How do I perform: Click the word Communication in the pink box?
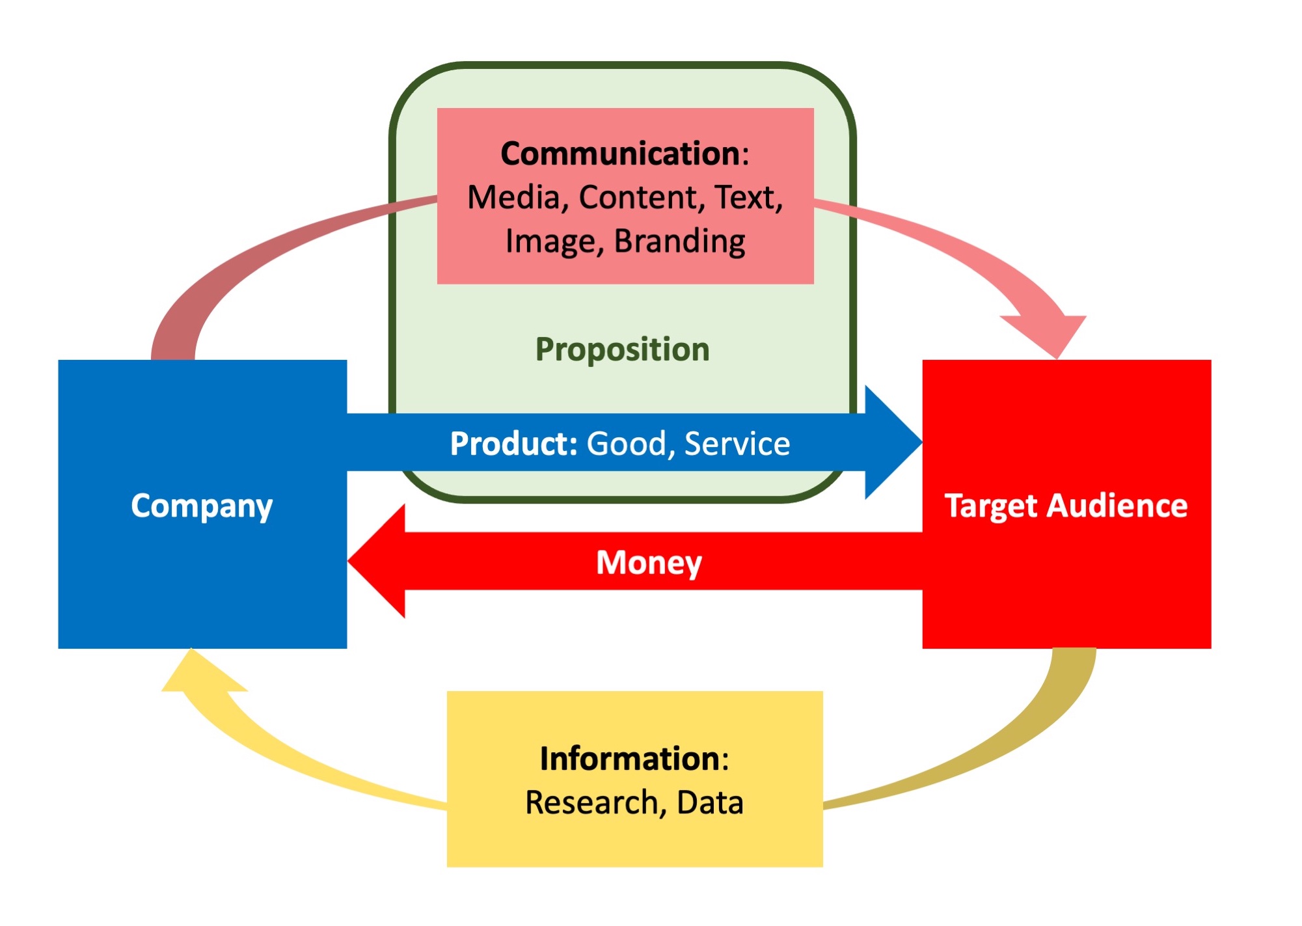621,154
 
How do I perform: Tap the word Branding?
679,241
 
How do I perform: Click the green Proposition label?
622,349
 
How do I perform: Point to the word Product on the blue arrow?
513,444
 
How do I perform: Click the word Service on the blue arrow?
737,444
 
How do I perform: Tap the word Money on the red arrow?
649,563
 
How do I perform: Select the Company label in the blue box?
202,506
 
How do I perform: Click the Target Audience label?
1066,506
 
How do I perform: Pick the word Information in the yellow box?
629,759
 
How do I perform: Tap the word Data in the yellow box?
710,802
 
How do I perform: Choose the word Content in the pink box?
638,198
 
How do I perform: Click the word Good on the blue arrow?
627,444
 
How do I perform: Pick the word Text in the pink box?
748,198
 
